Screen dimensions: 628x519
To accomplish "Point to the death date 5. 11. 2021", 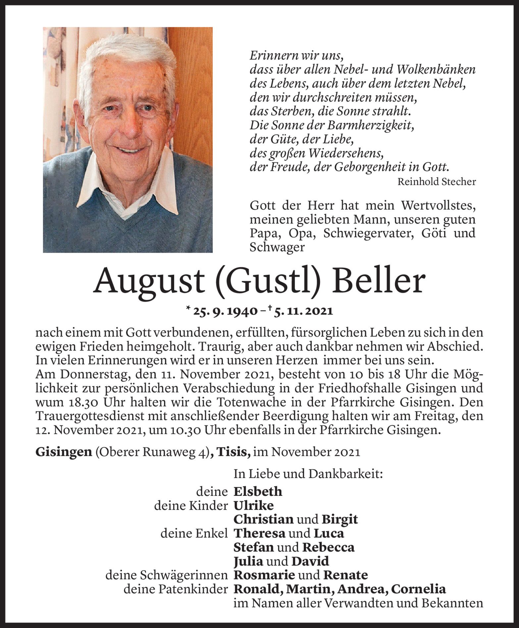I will pyautogui.click(x=303, y=311).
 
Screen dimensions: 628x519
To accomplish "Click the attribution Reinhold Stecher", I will pyautogui.click(x=437, y=182).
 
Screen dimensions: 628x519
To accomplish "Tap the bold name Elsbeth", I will pyautogui.click(x=258, y=491).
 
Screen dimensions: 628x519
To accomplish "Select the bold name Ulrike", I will pyautogui.click(x=254, y=505).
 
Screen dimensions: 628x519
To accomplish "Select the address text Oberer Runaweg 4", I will pyautogui.click(x=152, y=452).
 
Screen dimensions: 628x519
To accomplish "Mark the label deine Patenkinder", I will pyautogui.click(x=176, y=589).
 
